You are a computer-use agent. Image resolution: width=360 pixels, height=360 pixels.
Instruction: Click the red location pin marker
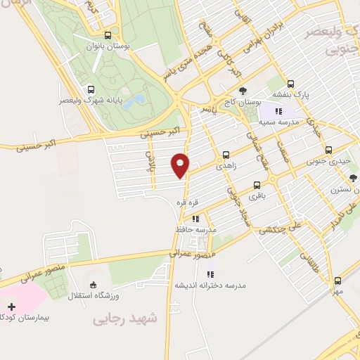click(x=181, y=165)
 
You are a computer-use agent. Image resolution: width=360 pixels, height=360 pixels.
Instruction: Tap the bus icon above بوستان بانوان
click(x=108, y=35)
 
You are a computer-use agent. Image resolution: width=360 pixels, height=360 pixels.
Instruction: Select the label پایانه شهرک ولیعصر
click(x=91, y=101)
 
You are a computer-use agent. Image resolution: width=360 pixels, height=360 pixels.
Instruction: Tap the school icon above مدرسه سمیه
click(x=279, y=110)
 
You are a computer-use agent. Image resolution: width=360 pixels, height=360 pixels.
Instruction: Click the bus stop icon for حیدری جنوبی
click(x=329, y=150)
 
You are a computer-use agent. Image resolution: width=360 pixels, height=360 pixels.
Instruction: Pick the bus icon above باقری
click(x=257, y=186)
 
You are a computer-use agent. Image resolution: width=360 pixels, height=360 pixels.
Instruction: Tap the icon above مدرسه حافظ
click(x=196, y=219)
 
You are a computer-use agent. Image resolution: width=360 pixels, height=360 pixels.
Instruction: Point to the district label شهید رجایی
click(x=126, y=319)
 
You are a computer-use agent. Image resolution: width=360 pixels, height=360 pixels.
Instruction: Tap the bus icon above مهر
click(x=337, y=280)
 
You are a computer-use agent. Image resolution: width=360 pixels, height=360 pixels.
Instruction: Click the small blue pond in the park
click(x=138, y=99)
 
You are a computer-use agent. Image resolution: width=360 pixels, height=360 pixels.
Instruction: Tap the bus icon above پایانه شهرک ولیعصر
click(x=91, y=89)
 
